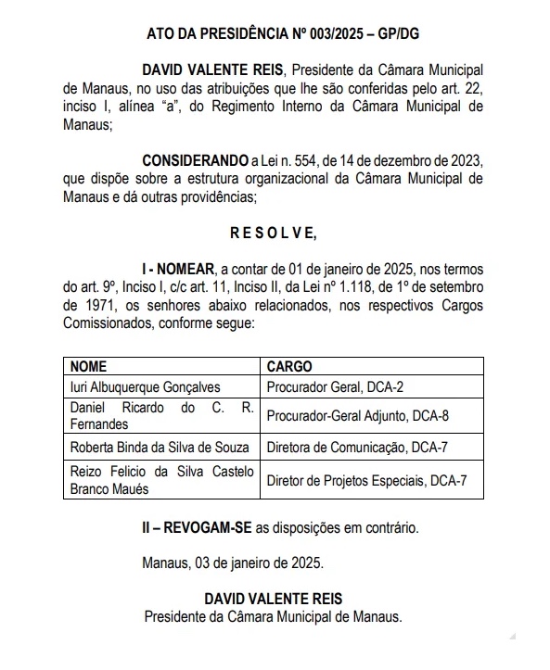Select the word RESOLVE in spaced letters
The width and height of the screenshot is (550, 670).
[275, 231]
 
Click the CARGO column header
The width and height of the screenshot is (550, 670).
[289, 367]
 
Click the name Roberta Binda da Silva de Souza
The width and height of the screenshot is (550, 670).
[159, 447]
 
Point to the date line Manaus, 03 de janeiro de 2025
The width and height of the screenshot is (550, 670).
[233, 563]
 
